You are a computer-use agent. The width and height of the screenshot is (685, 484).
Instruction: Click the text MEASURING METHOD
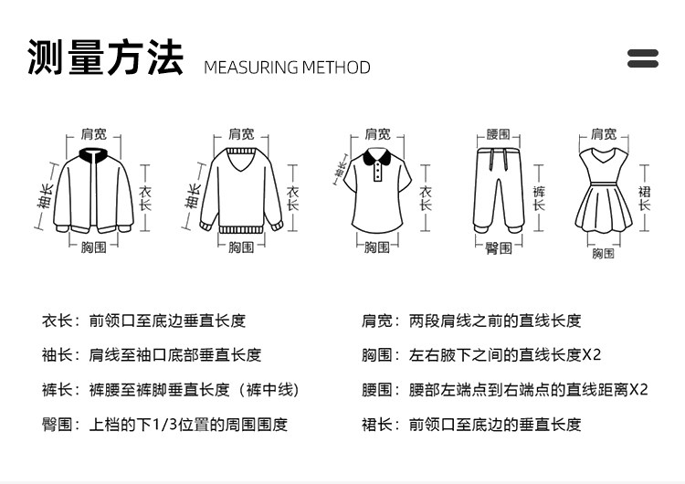point(287,68)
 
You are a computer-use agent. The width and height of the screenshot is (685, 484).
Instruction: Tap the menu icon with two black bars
point(643,58)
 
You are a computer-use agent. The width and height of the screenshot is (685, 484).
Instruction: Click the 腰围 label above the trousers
point(499,134)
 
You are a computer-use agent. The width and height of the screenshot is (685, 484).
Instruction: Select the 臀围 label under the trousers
point(499,247)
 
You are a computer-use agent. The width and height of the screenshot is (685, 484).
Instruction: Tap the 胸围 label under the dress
point(603,253)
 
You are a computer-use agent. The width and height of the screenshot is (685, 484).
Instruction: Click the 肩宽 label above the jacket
point(93,134)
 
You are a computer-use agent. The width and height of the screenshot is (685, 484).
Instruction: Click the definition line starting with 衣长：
point(143,321)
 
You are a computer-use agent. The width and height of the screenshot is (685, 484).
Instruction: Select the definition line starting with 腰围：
point(504,390)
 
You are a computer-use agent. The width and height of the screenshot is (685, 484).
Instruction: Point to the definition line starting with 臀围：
point(164,425)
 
